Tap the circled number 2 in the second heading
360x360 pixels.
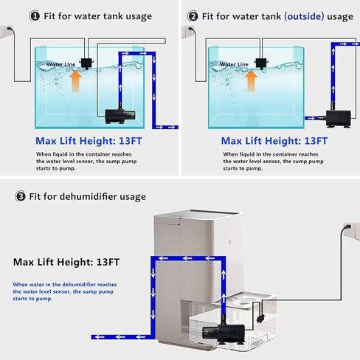[x=193, y=15]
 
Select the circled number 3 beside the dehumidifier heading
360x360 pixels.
[x=21, y=197]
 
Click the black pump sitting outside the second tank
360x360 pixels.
[x=333, y=116]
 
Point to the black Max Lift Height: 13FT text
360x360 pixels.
[x=67, y=262]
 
